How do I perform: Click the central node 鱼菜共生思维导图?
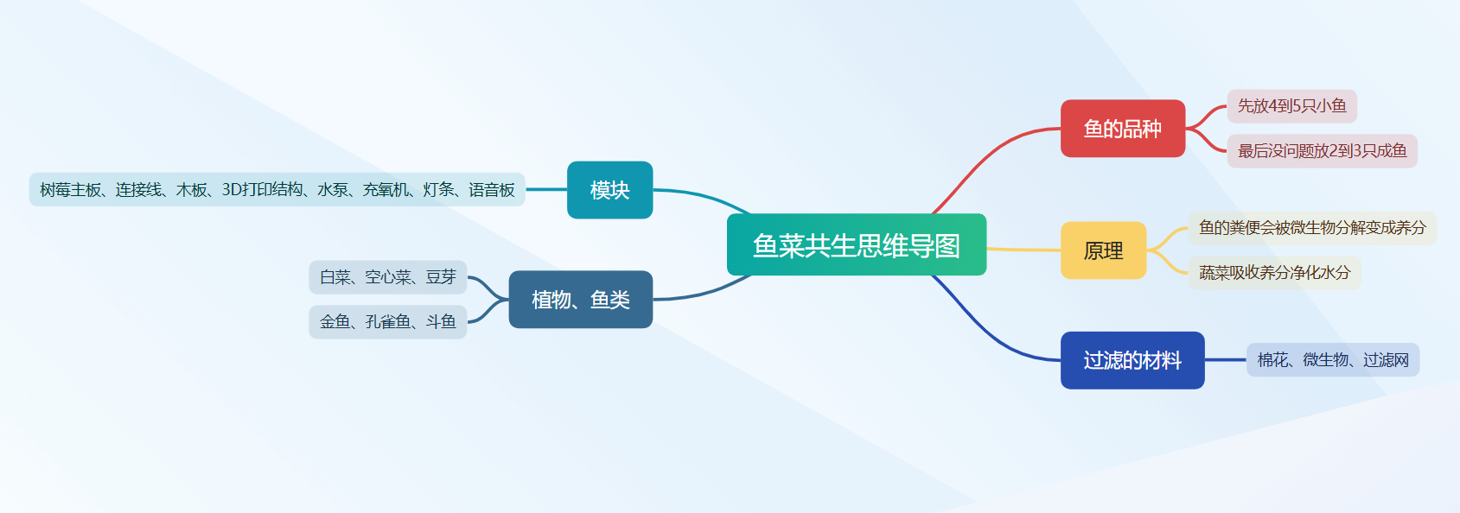[857, 244]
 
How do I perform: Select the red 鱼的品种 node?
[1122, 128]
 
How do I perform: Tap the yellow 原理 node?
[1104, 250]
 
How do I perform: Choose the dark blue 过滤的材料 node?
[1132, 360]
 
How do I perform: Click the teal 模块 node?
[609, 189]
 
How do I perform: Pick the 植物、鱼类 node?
[580, 300]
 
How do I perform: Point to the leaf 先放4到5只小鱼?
[1291, 106]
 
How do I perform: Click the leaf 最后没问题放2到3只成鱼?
[1322, 151]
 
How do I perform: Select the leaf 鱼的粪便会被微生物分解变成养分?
[1312, 228]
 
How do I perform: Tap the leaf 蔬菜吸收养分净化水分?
[1274, 273]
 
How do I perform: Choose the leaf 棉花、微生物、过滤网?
[1333, 360]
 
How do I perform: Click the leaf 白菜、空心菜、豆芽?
[388, 277]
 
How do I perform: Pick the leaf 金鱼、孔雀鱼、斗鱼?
[388, 321]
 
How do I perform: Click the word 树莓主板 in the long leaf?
[70, 190]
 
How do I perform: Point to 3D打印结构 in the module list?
[262, 189]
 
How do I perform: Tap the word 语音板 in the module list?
[492, 190]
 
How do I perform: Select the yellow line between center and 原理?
[1024, 250]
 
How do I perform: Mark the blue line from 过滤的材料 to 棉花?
[1226, 359]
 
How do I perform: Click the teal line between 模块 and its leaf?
[546, 189]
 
